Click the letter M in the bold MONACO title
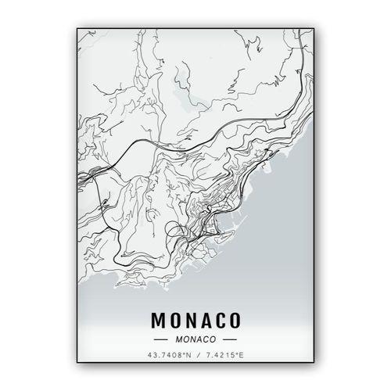[155, 321]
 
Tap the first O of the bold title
[171, 321]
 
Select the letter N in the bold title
[188, 321]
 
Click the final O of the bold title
[235, 321]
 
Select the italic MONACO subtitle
[195, 339]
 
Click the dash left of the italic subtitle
[162, 339]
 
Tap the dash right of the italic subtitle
[229, 339]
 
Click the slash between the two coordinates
[195, 357]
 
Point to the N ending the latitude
[188, 357]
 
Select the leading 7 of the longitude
[206, 357]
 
